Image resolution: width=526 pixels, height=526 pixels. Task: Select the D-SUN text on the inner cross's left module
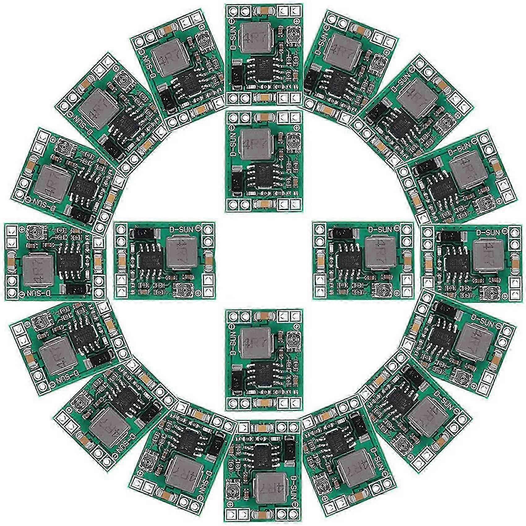[183, 229]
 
